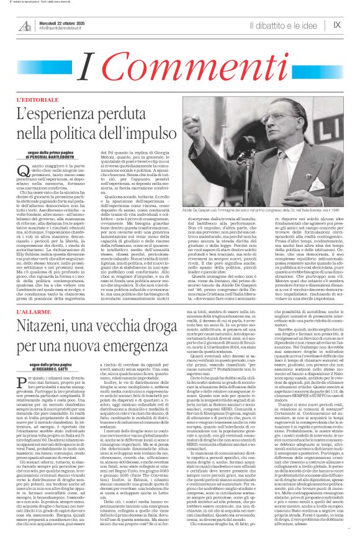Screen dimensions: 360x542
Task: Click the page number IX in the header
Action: (337, 25)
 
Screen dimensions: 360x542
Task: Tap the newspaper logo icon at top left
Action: (25, 25)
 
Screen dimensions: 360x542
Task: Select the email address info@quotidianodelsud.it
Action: (65, 29)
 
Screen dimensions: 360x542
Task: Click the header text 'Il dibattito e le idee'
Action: (281, 25)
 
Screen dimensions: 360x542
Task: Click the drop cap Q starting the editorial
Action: (23, 171)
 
